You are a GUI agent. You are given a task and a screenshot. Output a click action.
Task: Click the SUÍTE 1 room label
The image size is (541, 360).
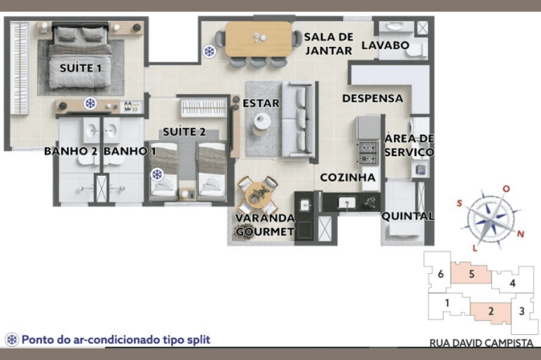click(81, 68)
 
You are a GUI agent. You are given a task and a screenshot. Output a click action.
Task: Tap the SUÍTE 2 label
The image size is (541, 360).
click(184, 132)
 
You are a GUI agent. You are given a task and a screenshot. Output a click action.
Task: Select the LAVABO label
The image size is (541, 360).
click(385, 45)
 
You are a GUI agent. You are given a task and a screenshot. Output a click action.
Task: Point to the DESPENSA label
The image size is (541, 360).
click(373, 98)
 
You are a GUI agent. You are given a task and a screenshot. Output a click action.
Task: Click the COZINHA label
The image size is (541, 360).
click(348, 177)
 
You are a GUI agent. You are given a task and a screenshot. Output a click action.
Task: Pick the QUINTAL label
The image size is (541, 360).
click(407, 216)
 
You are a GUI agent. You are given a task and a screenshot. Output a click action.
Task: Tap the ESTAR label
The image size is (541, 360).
click(261, 103)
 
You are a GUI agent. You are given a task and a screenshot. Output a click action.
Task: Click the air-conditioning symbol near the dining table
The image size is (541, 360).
click(209, 51)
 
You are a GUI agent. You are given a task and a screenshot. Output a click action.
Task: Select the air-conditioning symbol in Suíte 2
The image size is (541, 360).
click(158, 174)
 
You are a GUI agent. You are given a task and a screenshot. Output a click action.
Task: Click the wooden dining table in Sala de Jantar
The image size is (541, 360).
click(259, 39)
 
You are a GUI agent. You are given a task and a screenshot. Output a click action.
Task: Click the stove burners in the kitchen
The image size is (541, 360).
click(368, 153)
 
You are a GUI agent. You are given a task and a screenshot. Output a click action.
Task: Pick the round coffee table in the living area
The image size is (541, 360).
click(262, 121)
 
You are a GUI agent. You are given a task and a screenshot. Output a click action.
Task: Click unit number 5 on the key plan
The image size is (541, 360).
click(472, 274)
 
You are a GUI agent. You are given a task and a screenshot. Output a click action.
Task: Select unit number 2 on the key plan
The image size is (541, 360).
click(491, 312)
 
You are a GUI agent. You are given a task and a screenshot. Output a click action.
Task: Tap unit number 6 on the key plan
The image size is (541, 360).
click(441, 274)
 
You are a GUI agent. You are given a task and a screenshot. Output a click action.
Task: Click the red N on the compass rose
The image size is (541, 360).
click(520, 234)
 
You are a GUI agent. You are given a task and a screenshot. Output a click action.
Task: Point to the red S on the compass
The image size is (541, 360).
click(459, 203)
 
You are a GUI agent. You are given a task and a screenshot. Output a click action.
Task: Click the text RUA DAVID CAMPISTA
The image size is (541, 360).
click(481, 342)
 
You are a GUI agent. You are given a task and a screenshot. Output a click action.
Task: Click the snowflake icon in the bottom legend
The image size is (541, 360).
click(12, 340)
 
